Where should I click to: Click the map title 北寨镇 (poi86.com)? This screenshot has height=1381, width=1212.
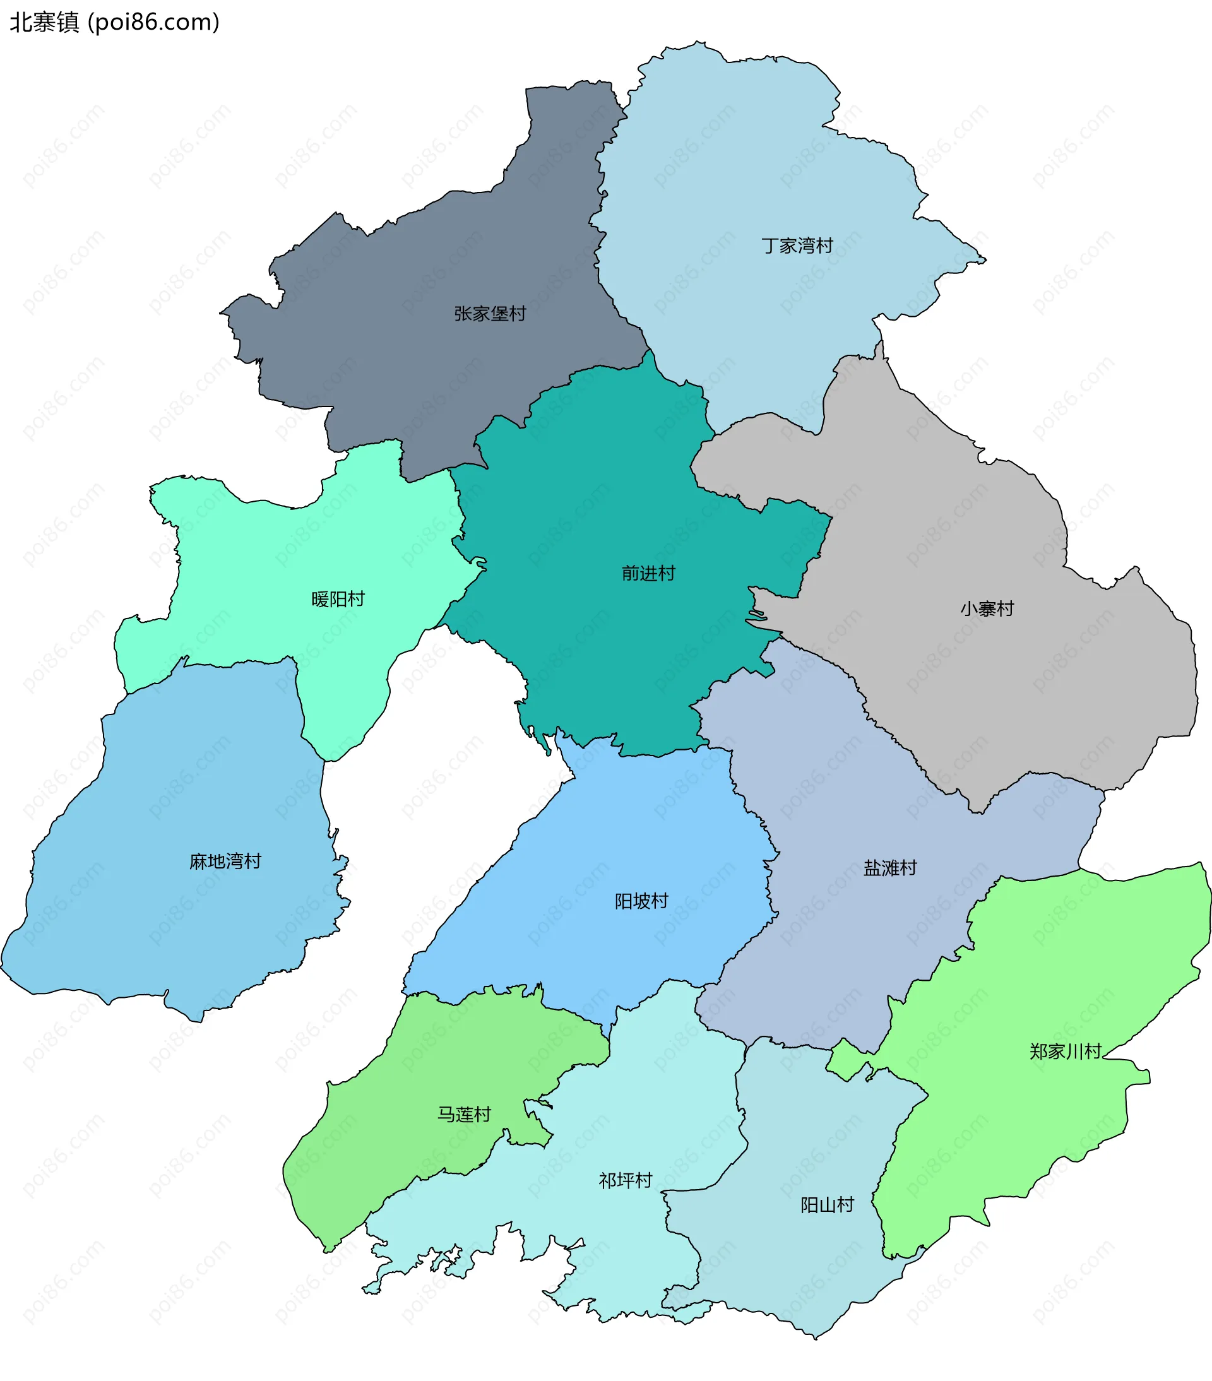coord(115,22)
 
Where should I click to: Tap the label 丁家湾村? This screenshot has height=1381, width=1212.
coord(797,246)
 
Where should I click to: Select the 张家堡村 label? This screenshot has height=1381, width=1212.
coord(490,314)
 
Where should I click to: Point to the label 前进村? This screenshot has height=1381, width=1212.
coord(648,574)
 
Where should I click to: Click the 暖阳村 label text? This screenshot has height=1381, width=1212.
coord(338,599)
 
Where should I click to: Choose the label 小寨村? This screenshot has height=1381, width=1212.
coord(987,608)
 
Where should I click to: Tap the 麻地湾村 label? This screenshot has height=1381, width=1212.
coord(225,862)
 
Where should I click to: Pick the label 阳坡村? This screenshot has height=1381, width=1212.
coord(641,901)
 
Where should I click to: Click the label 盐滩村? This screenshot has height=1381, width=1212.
coord(889,868)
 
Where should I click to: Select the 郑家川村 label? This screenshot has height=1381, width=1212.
coord(1066,1052)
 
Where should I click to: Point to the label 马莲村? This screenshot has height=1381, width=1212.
coord(464,1114)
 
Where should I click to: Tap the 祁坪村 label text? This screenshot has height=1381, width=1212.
coord(625,1180)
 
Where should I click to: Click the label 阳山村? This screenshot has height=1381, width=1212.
coord(827,1205)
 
